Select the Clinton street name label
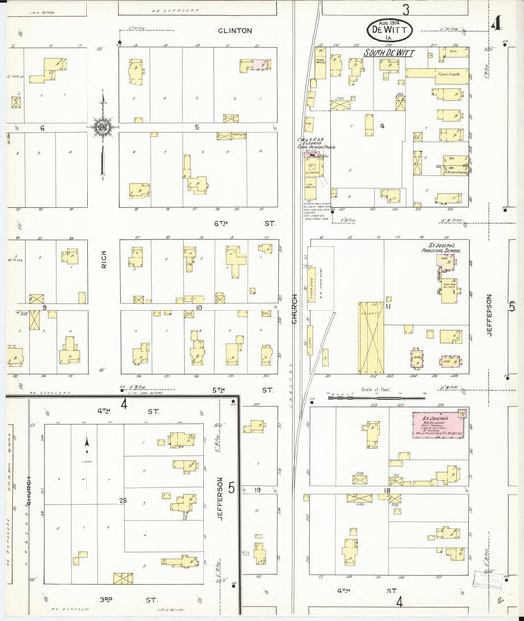point(234,30)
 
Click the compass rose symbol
point(102,126)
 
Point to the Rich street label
point(103,259)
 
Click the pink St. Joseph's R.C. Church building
point(438,426)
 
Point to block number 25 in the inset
point(124,501)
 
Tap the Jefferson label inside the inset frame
point(220,497)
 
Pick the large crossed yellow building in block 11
point(371,337)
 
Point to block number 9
point(44,307)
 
